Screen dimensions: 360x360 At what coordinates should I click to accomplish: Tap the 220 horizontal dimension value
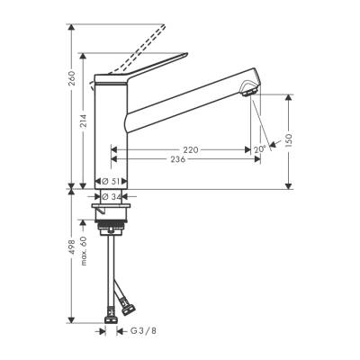(x=190, y=148)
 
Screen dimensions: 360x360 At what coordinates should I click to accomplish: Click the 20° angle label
(x=259, y=149)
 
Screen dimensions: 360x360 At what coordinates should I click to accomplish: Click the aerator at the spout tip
(x=248, y=87)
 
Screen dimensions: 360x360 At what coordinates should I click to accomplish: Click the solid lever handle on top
(x=157, y=75)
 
